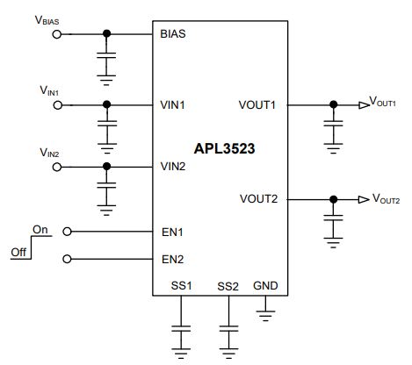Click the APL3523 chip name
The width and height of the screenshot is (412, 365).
224,148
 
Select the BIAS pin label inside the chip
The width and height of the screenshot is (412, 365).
173,34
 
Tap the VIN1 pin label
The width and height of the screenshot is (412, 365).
172,104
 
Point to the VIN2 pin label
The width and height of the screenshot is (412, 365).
173,167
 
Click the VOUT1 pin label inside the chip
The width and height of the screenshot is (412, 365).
257,104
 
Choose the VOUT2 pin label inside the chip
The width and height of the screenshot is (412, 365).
258,199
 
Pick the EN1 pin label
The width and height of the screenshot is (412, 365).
172,233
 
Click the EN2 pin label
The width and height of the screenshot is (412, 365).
172,260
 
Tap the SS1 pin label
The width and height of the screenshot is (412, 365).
181,286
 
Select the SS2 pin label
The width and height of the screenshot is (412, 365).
228,287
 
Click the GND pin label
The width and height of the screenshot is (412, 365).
265,286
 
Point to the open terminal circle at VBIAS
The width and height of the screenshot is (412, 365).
57,34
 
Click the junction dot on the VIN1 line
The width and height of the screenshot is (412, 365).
107,104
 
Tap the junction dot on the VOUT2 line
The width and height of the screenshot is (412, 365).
333,199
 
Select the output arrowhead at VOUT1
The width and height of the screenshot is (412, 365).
364,105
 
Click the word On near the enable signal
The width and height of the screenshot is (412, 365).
40,230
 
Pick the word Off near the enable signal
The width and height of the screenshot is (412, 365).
18,252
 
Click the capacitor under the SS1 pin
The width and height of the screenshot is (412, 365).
181,329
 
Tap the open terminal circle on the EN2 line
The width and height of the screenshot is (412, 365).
67,259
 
